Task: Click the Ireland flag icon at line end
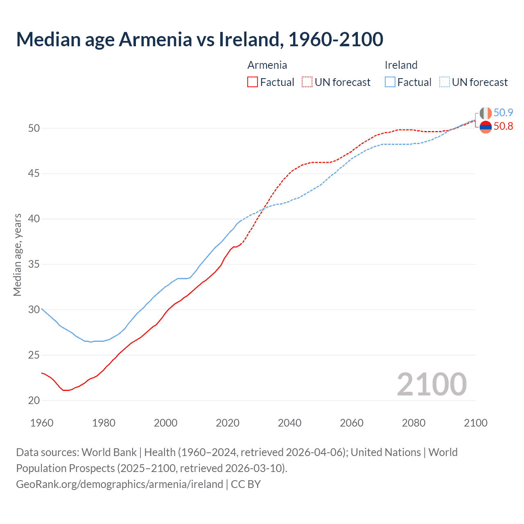[486, 113]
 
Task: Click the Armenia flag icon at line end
[486, 127]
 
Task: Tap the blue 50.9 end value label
[503, 113]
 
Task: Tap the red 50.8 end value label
[503, 126]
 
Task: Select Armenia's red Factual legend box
[253, 82]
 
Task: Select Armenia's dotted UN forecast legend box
[307, 82]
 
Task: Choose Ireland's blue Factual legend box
[390, 82]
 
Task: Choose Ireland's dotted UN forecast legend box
[445, 82]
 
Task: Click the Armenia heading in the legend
[267, 65]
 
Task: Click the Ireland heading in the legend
[401, 65]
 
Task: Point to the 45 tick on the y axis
[34, 174]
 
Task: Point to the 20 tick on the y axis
[34, 400]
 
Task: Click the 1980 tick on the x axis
[104, 423]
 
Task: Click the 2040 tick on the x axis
[289, 423]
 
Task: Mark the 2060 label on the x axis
[352, 423]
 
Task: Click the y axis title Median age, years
[17, 255]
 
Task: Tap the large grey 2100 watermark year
[432, 384]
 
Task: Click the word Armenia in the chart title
[156, 39]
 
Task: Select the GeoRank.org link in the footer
[120, 484]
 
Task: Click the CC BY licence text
[246, 484]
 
